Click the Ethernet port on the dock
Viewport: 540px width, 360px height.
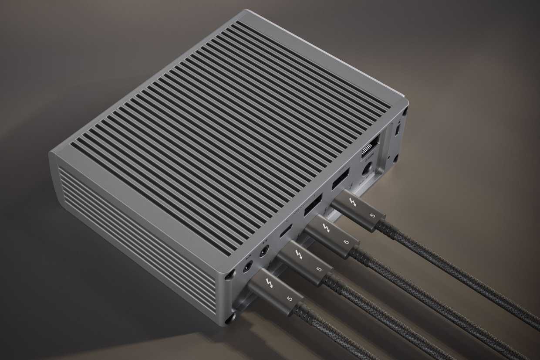(370, 143)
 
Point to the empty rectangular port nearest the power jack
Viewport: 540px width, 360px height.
(340, 177)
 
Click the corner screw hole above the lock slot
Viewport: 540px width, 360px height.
(405, 111)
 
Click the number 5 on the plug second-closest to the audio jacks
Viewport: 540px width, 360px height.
(319, 269)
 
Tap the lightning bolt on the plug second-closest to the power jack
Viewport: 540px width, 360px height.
(325, 228)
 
